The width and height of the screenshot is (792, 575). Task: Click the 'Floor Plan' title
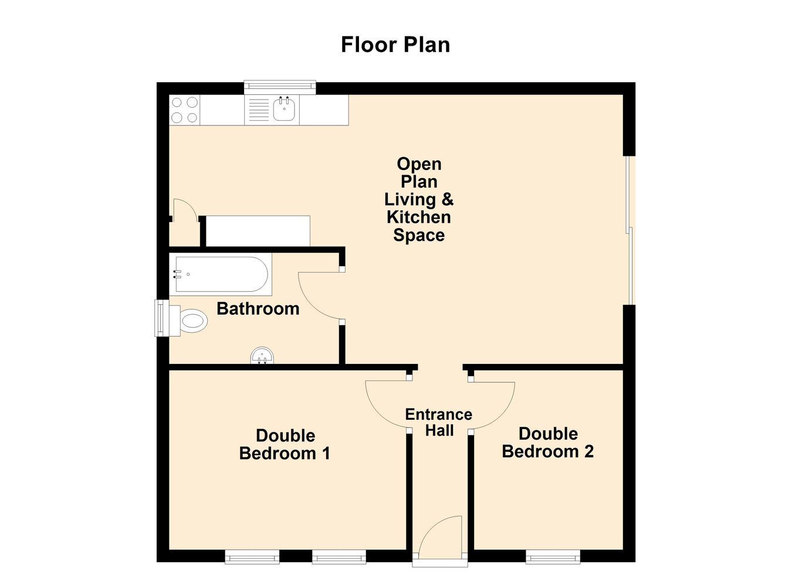click(395, 45)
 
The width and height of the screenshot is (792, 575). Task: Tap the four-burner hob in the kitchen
click(185, 110)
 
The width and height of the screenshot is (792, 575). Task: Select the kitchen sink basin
click(284, 109)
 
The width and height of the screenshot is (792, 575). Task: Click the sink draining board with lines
click(259, 110)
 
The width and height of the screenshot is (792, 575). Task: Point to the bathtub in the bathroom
click(221, 274)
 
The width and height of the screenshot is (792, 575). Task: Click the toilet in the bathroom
click(188, 321)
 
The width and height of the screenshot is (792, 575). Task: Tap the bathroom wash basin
click(262, 355)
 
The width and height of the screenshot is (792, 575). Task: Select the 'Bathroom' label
click(258, 309)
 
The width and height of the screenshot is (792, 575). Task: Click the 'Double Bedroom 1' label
click(285, 444)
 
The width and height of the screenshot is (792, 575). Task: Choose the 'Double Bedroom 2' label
click(548, 443)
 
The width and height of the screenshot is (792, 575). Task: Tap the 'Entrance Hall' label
click(439, 423)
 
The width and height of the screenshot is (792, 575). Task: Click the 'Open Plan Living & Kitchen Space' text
click(419, 199)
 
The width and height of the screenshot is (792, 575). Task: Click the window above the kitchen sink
click(280, 87)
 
